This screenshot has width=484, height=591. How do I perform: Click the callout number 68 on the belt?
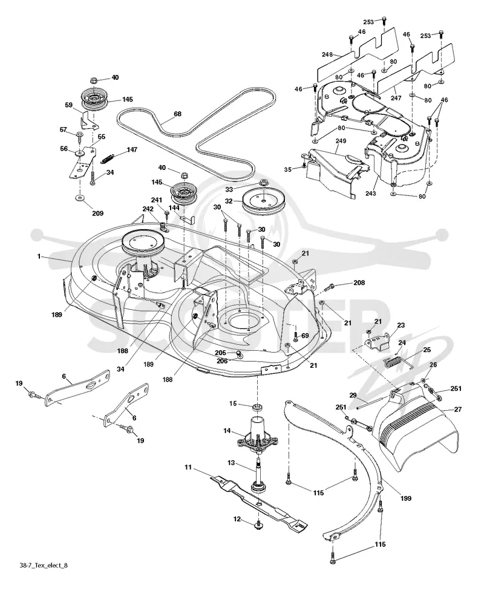177,114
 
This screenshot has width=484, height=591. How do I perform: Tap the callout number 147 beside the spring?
132,149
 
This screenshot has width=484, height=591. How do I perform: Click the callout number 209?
97,214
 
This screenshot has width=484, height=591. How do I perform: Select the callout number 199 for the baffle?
405,498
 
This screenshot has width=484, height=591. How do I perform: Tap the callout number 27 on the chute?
457,410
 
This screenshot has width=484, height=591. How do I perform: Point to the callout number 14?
227,431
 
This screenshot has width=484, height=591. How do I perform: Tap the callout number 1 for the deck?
39,256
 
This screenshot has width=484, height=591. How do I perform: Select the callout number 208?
359,282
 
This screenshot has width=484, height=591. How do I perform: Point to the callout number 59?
69,105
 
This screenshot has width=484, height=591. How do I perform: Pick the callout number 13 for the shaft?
231,462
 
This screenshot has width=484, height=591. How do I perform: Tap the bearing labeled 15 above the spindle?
258,407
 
